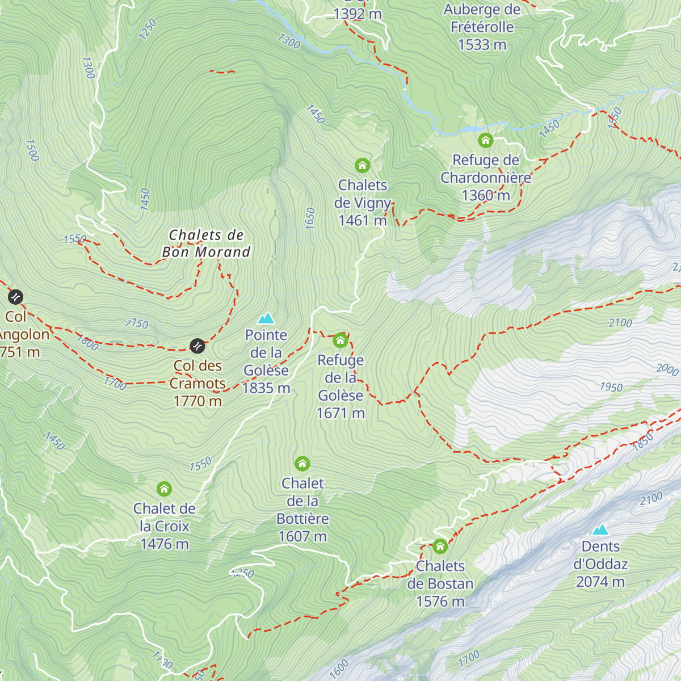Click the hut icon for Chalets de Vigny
pyautogui.click(x=362, y=166)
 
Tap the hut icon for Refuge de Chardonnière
pyautogui.click(x=485, y=140)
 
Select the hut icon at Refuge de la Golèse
pyautogui.click(x=340, y=340)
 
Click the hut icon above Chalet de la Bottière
pyautogui.click(x=302, y=464)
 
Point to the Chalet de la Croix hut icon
pyautogui.click(x=164, y=489)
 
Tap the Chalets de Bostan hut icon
pyautogui.click(x=440, y=547)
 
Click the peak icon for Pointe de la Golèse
pyautogui.click(x=266, y=318)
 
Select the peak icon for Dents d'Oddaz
pyautogui.click(x=600, y=530)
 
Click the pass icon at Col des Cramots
pyautogui.click(x=197, y=345)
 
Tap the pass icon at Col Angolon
pyautogui.click(x=15, y=297)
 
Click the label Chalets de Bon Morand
pyautogui.click(x=206, y=243)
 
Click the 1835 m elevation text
pyautogui.click(x=266, y=388)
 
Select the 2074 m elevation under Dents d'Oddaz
pyautogui.click(x=600, y=582)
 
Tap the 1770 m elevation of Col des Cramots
pyautogui.click(x=197, y=401)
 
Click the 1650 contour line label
pyautogui.click(x=310, y=218)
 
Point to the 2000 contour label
pyautogui.click(x=667, y=369)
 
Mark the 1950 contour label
pyautogui.click(x=611, y=387)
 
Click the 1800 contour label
pyautogui.click(x=87, y=342)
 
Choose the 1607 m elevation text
pyautogui.click(x=302, y=536)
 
